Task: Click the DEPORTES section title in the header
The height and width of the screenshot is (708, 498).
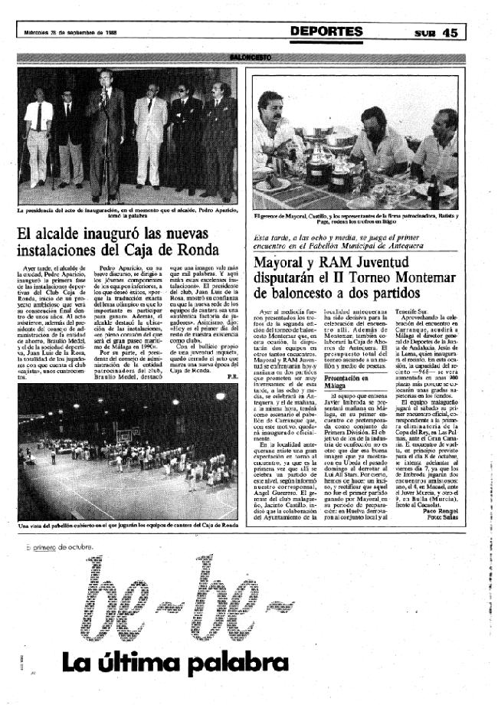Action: (327, 31)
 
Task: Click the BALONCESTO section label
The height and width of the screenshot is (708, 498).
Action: (249, 57)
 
